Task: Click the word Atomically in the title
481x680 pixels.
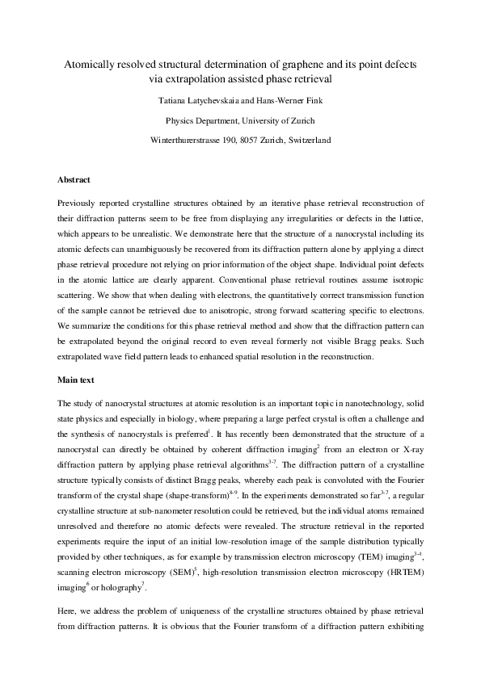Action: (x=88, y=63)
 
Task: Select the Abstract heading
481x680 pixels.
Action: (x=74, y=179)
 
